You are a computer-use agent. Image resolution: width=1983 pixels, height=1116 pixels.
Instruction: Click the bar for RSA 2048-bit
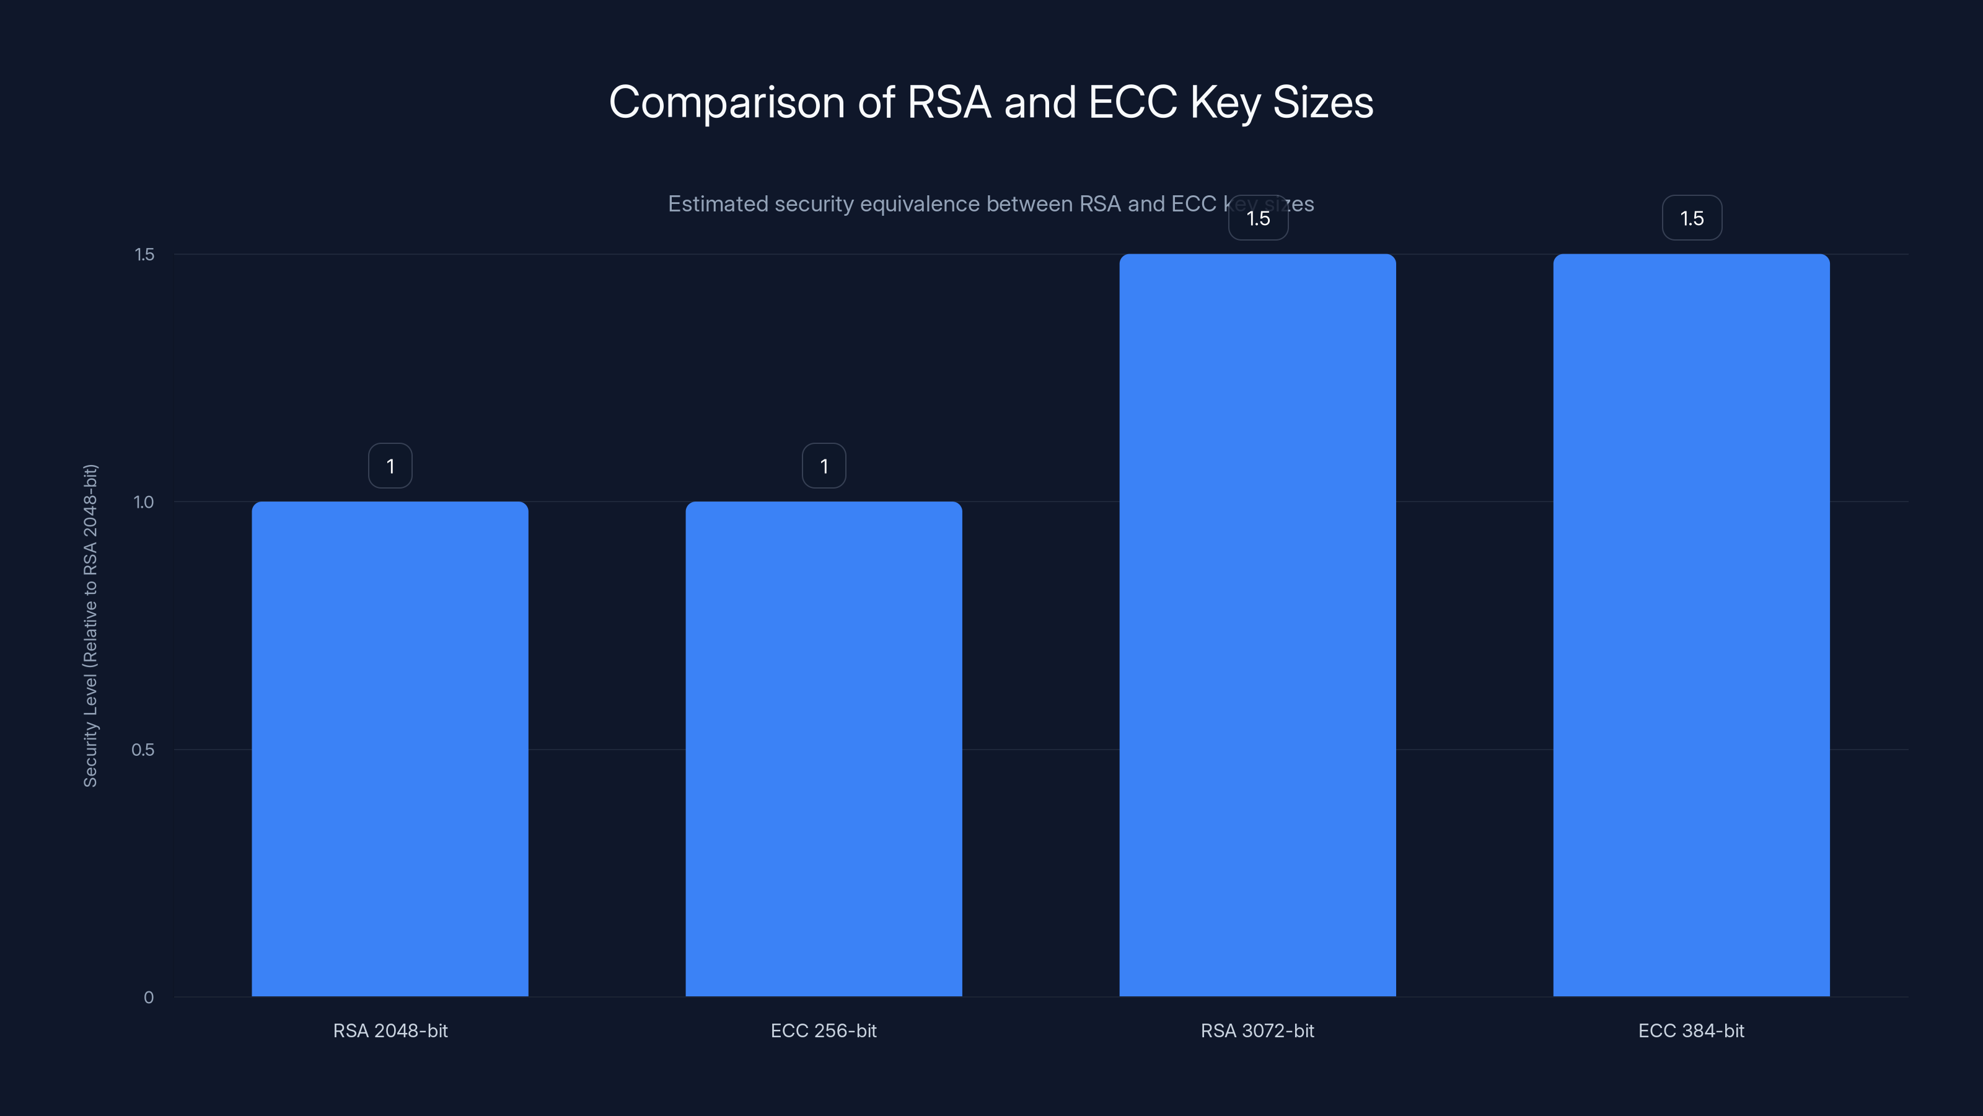[390, 748]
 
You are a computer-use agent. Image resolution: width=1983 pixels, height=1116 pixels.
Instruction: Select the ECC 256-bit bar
[824, 748]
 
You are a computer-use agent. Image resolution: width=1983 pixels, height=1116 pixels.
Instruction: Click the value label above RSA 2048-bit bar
[390, 466]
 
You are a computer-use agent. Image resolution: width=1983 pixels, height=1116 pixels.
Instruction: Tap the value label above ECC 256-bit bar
[824, 466]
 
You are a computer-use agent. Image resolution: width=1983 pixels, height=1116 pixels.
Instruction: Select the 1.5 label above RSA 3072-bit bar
[1258, 218]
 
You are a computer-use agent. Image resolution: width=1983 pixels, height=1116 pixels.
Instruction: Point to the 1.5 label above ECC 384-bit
[1692, 218]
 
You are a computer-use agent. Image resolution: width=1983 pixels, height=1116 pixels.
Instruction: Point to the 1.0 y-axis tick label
[144, 502]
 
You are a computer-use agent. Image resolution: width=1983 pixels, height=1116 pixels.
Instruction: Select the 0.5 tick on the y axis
[143, 750]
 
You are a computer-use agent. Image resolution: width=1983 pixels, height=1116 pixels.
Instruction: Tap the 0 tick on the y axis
[149, 998]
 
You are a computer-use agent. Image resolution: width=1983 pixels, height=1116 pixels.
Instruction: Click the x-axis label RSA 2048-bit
[390, 1030]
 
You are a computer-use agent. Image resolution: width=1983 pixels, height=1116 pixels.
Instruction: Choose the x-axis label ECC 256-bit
[824, 1030]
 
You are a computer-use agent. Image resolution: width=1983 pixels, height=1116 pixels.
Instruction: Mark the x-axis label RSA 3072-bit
[1257, 1030]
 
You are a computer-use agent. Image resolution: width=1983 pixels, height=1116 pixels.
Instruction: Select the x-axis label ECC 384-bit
[1691, 1030]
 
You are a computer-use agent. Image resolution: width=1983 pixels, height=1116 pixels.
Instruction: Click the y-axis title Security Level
[90, 626]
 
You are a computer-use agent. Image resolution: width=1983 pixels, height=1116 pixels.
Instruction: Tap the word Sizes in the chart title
[1322, 102]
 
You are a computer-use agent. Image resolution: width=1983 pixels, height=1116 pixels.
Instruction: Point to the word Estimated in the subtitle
[718, 204]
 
